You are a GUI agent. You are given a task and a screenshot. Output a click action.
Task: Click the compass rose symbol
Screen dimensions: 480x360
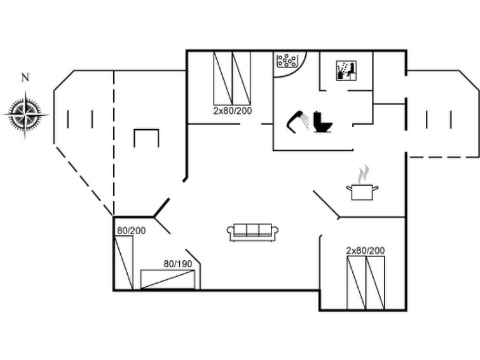click(x=25, y=114)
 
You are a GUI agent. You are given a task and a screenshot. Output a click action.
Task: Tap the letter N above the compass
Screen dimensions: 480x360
click(x=25, y=78)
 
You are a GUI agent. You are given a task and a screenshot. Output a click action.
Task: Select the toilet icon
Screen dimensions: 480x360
click(x=323, y=121)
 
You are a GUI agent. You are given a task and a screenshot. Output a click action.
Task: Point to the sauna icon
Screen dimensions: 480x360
click(x=346, y=71)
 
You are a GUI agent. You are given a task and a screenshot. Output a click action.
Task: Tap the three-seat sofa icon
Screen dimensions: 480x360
click(x=252, y=233)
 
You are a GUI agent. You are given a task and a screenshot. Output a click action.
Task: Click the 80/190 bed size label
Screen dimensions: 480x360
click(x=178, y=264)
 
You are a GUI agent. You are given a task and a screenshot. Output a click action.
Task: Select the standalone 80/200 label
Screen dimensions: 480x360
click(x=132, y=230)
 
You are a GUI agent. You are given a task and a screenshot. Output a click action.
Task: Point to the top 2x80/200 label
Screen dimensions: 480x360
click(x=233, y=111)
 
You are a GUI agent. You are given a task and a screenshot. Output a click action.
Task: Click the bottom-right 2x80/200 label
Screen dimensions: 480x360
click(x=366, y=251)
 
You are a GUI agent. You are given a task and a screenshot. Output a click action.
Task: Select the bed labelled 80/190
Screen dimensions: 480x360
click(x=168, y=279)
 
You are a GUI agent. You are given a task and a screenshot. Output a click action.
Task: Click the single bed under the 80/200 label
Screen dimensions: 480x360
click(x=124, y=263)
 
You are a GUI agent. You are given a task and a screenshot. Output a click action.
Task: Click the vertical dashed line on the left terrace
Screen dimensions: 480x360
click(x=114, y=142)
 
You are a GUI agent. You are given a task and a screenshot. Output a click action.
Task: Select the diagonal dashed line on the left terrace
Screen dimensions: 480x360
click(x=84, y=181)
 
